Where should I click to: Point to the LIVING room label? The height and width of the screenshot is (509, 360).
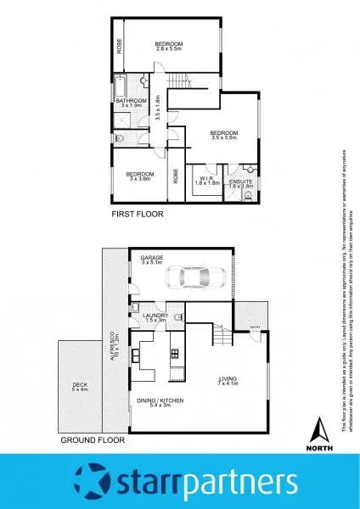click(228, 379)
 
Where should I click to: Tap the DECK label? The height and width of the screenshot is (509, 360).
click(79, 385)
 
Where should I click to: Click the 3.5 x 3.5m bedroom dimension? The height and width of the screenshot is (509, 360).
click(223, 138)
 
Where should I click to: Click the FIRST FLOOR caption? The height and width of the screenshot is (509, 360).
click(138, 215)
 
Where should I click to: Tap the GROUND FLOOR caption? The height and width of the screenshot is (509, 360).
click(93, 441)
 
